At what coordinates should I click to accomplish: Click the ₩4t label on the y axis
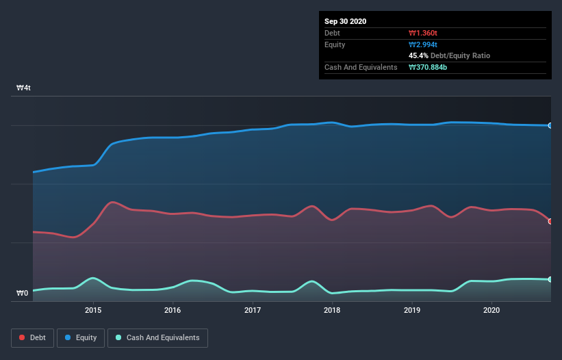coord(24,88)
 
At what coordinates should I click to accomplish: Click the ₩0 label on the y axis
coord(23,294)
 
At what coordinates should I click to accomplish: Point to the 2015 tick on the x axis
coord(93,310)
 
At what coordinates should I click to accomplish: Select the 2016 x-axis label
coord(173,310)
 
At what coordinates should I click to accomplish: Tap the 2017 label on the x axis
coord(253,310)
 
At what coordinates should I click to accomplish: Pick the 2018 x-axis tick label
coord(332,310)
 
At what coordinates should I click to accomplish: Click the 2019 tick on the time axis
coord(412,310)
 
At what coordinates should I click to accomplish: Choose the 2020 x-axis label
coord(491,310)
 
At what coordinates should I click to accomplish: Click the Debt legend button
coord(32,337)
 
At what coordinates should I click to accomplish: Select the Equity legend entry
coord(81,337)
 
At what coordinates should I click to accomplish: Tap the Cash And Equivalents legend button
coord(157,337)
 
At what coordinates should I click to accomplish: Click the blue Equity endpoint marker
coord(550,125)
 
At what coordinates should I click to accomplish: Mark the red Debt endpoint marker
coord(550,221)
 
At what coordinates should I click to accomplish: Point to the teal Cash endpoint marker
coord(550,279)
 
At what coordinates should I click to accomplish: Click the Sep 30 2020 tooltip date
coord(345,21)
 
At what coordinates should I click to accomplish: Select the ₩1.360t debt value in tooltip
coord(423,33)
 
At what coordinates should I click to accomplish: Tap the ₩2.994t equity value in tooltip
coord(423,44)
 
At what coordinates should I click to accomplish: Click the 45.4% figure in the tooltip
coord(418,55)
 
